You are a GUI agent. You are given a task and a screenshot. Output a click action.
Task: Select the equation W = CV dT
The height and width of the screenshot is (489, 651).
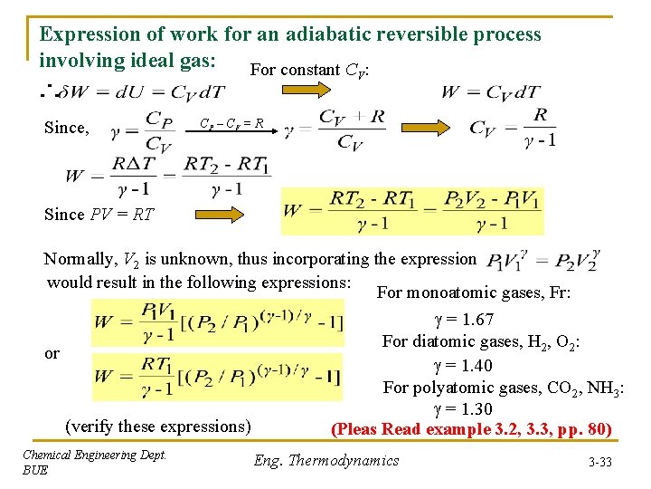491,91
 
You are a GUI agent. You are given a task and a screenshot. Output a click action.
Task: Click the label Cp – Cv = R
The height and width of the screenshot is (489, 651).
231,122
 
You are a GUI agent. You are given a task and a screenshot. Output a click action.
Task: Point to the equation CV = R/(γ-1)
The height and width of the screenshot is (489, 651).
513,127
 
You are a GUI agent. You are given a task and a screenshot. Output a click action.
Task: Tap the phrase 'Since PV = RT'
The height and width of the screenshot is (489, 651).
99,215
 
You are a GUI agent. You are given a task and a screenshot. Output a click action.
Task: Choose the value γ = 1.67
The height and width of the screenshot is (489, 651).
464,319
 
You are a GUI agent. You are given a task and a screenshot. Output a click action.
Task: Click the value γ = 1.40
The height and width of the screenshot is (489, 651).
463,365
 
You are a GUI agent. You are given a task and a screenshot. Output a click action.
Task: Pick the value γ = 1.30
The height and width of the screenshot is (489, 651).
463,409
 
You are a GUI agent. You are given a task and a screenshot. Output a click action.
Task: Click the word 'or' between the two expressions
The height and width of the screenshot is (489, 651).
52,353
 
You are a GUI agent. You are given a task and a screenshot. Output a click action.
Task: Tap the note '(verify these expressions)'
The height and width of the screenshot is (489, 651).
158,426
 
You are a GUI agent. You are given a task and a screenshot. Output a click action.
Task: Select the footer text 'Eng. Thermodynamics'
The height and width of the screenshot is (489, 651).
325,460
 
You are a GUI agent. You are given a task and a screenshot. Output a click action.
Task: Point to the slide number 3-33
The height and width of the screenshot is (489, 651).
598,462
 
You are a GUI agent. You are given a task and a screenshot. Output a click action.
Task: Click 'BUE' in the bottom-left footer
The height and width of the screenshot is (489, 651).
35,471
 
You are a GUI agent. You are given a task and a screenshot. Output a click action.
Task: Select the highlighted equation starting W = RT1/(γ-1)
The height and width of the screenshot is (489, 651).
218,377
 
